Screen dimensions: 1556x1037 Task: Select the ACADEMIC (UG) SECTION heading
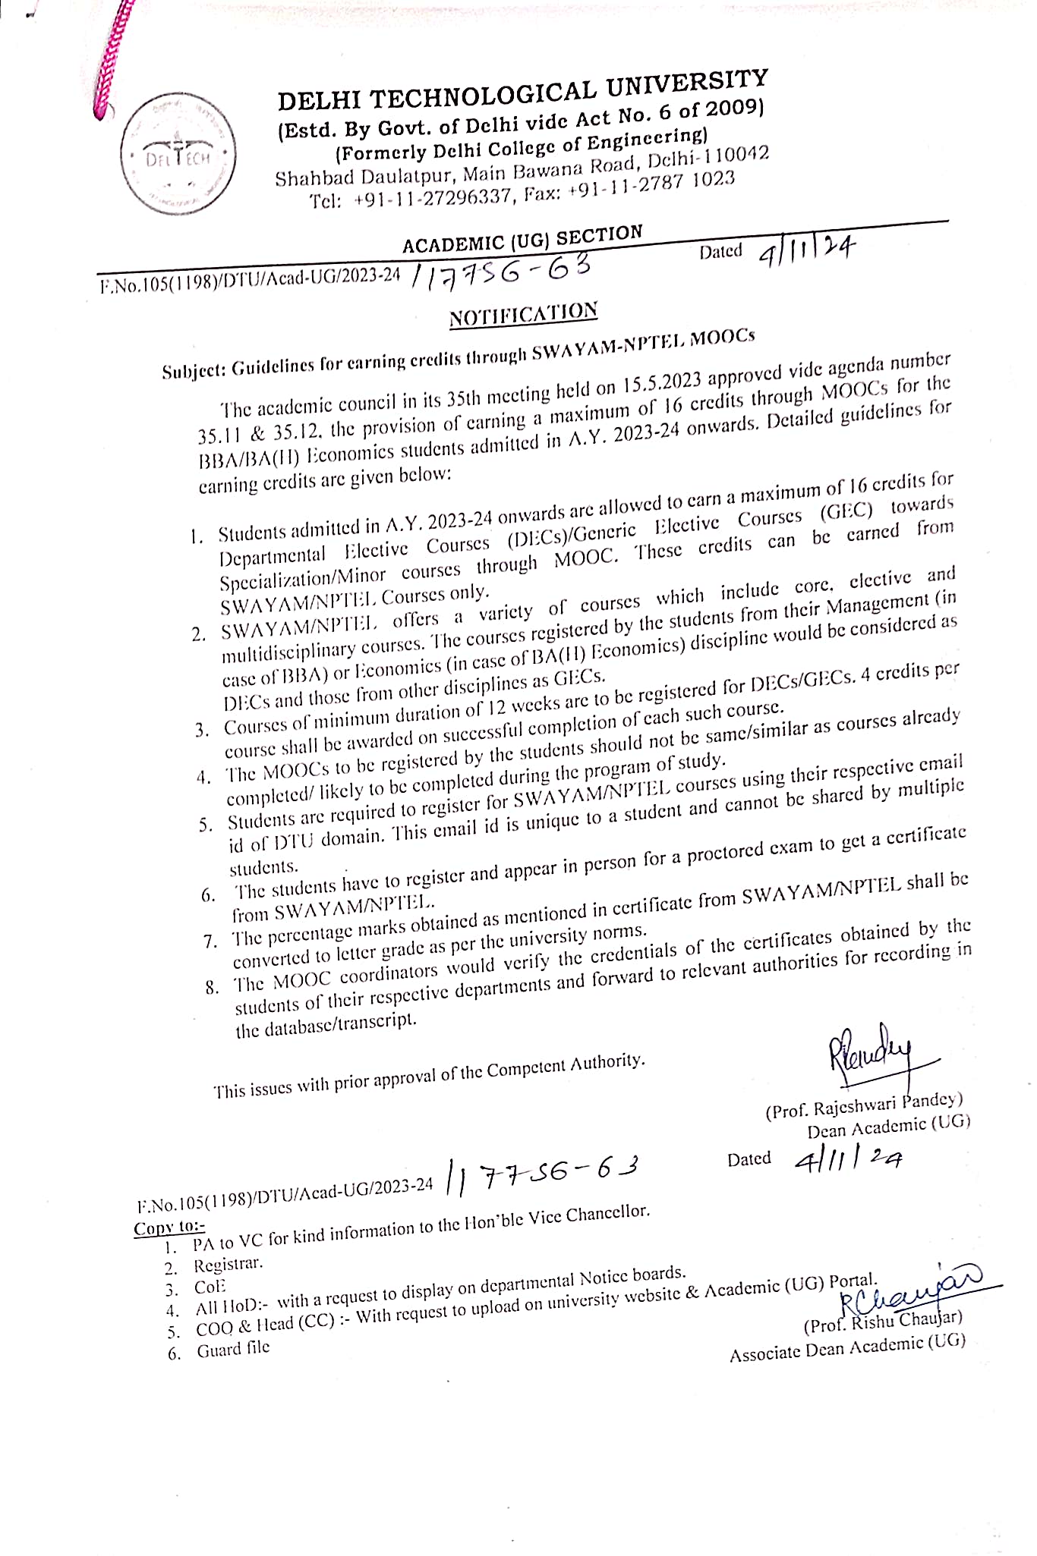[522, 239]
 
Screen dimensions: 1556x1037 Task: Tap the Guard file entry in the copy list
[233, 1350]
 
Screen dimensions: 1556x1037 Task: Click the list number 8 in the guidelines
[212, 988]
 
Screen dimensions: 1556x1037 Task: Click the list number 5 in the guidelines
[205, 825]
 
